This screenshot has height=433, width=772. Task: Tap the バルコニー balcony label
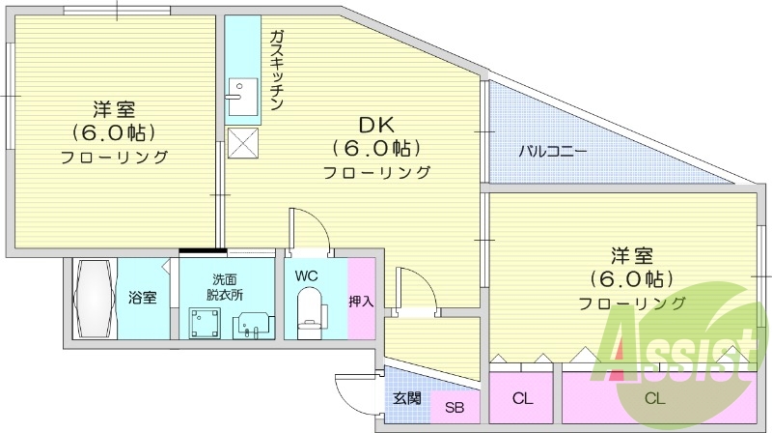pyautogui.click(x=552, y=151)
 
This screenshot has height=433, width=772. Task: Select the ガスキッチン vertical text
pyautogui.click(x=276, y=71)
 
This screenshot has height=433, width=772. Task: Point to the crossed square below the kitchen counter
pyautogui.click(x=242, y=142)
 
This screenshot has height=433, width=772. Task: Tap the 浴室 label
pyautogui.click(x=142, y=298)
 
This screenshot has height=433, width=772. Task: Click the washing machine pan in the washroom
pyautogui.click(x=204, y=320)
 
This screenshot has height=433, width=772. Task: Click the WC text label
pyautogui.click(x=307, y=275)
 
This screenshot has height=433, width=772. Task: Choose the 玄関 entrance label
pyautogui.click(x=405, y=397)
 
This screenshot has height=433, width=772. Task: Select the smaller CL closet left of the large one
pyautogui.click(x=523, y=398)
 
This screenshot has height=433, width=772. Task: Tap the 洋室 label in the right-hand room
pyautogui.click(x=631, y=256)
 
